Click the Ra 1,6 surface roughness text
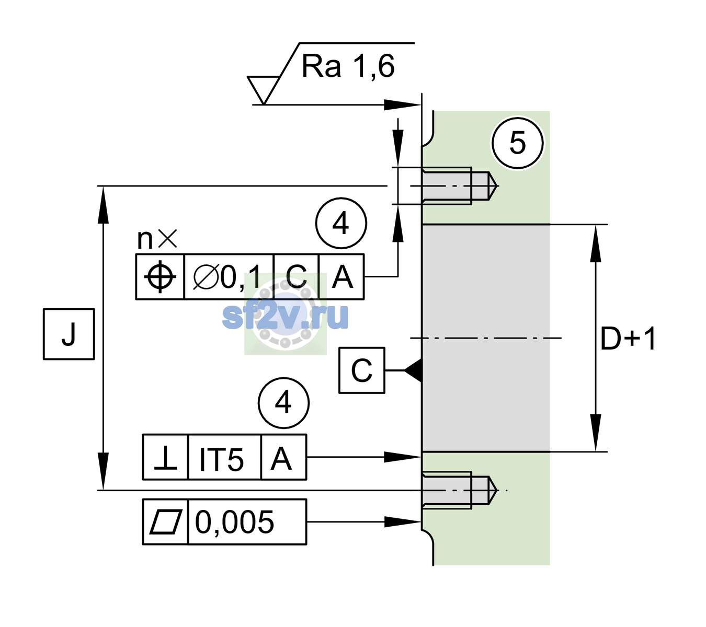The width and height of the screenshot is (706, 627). [347, 66]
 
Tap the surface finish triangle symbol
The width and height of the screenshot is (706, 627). [263, 89]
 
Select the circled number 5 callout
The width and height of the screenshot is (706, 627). [517, 143]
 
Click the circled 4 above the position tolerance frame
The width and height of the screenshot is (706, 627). [341, 223]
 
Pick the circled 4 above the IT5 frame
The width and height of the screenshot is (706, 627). [283, 403]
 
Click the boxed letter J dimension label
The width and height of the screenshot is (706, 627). [69, 334]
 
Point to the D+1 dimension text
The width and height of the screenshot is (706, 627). [628, 339]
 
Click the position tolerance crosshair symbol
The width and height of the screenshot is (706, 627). [160, 277]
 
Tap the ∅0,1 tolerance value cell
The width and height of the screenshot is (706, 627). [229, 277]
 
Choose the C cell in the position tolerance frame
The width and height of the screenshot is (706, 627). [296, 277]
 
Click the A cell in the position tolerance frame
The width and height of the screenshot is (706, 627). [341, 277]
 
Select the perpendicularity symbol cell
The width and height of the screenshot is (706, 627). [165, 457]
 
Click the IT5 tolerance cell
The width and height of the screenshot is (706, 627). [224, 457]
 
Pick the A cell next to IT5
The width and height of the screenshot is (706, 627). [283, 457]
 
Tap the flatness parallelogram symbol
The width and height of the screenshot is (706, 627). [166, 521]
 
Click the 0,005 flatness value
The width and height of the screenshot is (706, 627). [234, 522]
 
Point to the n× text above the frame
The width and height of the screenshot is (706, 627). [157, 239]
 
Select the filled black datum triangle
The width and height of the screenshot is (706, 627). [414, 370]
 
